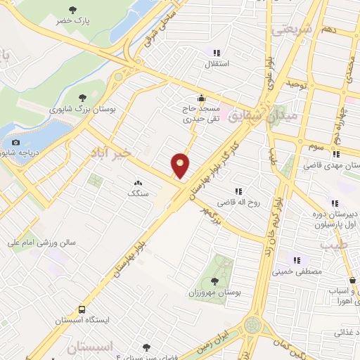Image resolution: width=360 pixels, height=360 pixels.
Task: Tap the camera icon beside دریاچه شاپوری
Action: (16, 142)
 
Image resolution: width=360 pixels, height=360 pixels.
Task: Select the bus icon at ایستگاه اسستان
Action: (82, 309)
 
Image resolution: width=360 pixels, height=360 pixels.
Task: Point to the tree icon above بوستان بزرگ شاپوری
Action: (82, 98)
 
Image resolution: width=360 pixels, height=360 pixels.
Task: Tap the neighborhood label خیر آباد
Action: (111, 153)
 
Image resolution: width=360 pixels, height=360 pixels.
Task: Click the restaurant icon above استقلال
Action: (217, 52)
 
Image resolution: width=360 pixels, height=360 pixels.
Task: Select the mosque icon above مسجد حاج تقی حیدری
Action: (202, 98)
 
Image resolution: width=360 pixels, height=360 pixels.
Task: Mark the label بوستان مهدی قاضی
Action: (331, 165)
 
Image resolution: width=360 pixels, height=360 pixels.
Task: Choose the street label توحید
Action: (298, 84)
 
